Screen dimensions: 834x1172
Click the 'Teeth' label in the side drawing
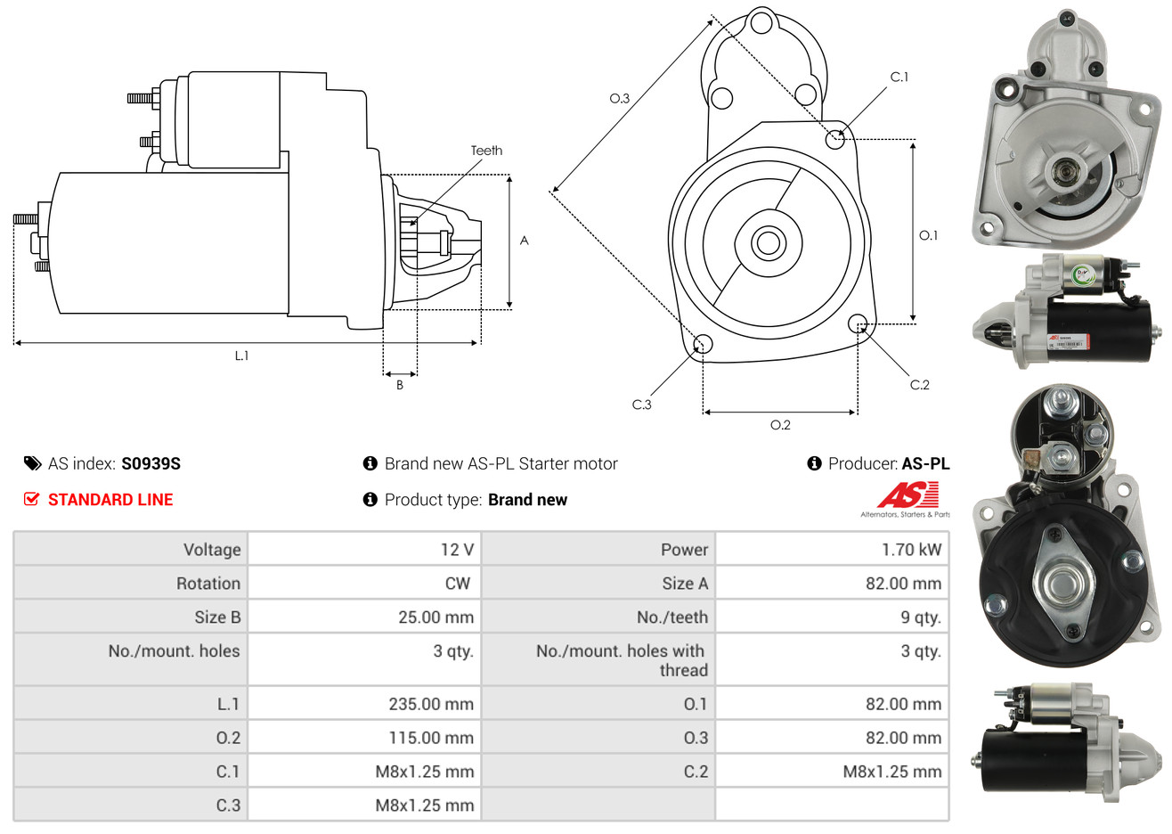pyautogui.click(x=486, y=151)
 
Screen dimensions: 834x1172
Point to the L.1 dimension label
pyautogui.click(x=241, y=356)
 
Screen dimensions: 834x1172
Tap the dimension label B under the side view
pyautogui.click(x=400, y=385)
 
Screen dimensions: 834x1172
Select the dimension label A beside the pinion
pyautogui.click(x=524, y=241)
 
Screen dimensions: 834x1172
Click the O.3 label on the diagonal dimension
pyautogui.click(x=619, y=98)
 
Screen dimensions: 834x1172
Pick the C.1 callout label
pyautogui.click(x=899, y=78)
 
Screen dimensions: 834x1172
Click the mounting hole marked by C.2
pyautogui.click(x=858, y=323)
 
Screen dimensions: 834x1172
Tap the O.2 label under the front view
pyautogui.click(x=780, y=425)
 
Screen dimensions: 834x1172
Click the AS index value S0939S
pyautogui.click(x=151, y=463)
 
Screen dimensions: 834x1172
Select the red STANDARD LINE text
pyautogui.click(x=110, y=500)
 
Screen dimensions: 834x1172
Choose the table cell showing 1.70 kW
pyautogui.click(x=911, y=550)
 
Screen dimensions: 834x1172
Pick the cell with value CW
pyautogui.click(x=457, y=584)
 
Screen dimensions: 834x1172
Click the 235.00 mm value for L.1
pyautogui.click(x=431, y=704)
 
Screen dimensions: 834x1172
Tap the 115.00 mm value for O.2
pyautogui.click(x=431, y=738)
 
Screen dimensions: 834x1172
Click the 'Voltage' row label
pyautogui.click(x=212, y=550)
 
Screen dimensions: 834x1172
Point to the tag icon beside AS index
pyautogui.click(x=33, y=463)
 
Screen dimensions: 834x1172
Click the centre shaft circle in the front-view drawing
pyautogui.click(x=767, y=242)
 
